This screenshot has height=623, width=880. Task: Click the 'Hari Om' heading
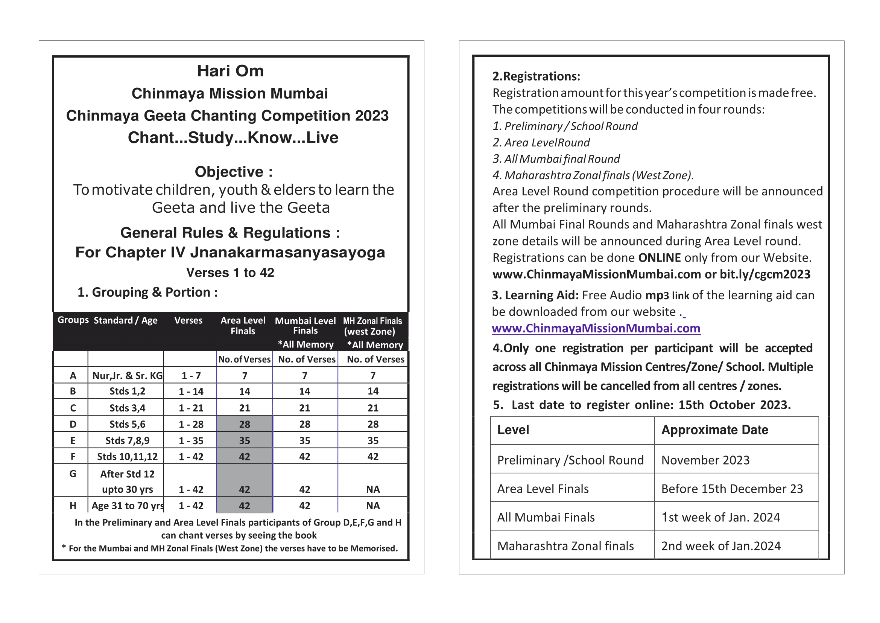[230, 71]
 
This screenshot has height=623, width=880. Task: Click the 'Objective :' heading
[234, 172]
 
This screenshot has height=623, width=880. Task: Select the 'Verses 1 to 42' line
[230, 273]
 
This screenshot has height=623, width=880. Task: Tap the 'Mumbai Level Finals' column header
[305, 326]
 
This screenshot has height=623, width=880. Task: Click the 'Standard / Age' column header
[125, 320]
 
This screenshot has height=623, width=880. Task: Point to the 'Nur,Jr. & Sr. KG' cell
[127, 376]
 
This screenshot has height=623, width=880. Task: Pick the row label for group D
[73, 424]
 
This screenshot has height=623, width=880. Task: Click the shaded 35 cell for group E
[244, 440]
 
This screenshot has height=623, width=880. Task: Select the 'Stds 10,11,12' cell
[127, 457]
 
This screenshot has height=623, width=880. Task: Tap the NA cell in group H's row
[373, 506]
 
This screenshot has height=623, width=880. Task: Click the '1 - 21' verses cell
[191, 408]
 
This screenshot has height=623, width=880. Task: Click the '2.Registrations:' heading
[536, 76]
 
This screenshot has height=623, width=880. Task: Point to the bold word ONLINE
[659, 258]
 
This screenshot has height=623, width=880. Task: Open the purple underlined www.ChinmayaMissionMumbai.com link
[596, 328]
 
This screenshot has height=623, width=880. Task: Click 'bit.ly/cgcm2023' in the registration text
[764, 274]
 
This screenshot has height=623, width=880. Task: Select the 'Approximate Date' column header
[715, 430]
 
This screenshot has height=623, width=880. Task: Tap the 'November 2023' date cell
[705, 460]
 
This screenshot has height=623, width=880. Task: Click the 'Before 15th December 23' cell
[732, 489]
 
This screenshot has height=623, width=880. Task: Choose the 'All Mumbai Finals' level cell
[546, 518]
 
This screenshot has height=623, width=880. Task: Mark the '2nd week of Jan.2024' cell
[720, 546]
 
